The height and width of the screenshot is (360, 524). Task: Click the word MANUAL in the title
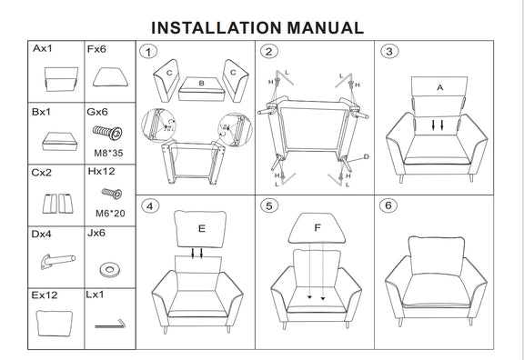click(x=325, y=27)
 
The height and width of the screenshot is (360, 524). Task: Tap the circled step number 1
click(x=148, y=52)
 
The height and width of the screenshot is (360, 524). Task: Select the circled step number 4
click(x=150, y=206)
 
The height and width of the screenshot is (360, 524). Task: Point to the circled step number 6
click(x=388, y=205)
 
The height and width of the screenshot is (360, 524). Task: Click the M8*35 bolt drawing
click(x=107, y=133)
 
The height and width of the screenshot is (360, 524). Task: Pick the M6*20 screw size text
click(x=110, y=213)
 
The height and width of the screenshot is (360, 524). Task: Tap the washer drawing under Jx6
click(x=109, y=269)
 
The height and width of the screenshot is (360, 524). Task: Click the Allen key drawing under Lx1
click(x=110, y=324)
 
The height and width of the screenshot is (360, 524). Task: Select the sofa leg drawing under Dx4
click(x=58, y=261)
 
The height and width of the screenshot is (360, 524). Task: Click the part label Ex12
click(x=45, y=295)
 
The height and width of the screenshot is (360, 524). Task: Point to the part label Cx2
click(x=42, y=173)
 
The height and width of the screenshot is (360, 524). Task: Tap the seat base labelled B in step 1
click(x=201, y=89)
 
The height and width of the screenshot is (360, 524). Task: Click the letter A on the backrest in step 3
click(x=440, y=87)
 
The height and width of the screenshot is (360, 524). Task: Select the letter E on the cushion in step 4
click(x=202, y=228)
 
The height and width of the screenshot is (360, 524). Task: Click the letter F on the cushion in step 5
click(x=317, y=227)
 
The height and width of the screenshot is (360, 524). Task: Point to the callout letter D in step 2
click(x=367, y=156)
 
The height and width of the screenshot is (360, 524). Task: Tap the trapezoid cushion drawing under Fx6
click(x=110, y=77)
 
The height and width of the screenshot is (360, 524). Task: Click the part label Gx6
click(x=97, y=112)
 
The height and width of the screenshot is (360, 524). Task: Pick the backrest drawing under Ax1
click(x=61, y=79)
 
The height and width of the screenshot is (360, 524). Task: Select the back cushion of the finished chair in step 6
click(x=437, y=255)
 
